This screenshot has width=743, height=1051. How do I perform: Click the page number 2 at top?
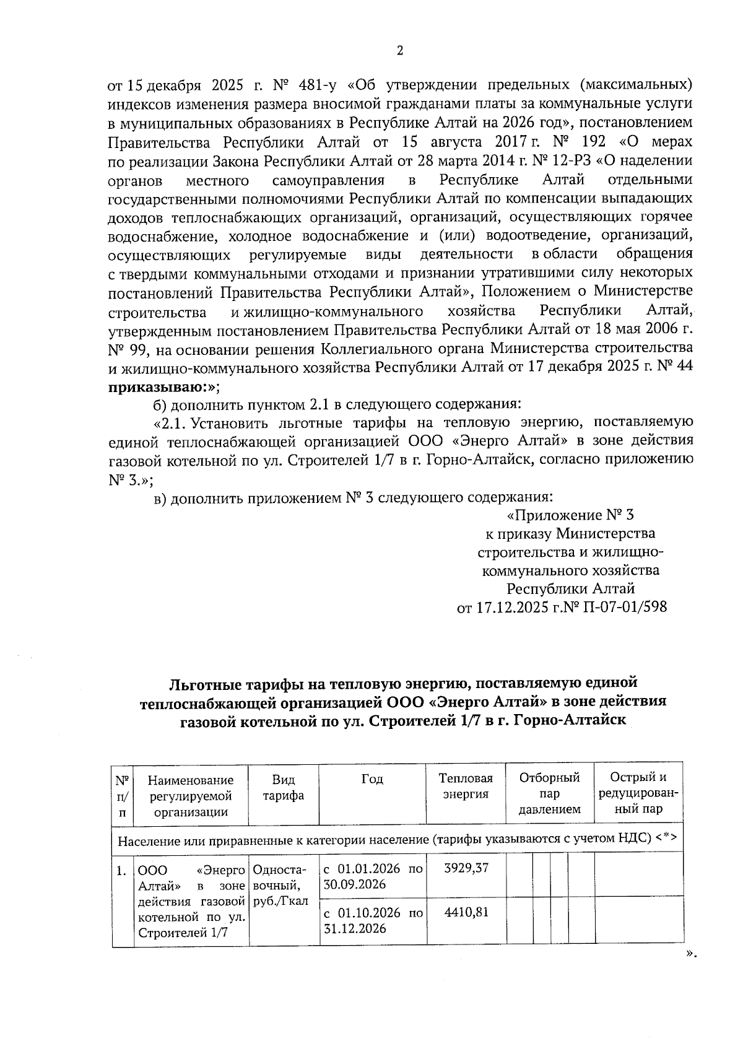point(399,51)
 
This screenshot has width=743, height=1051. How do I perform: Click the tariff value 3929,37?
point(466,868)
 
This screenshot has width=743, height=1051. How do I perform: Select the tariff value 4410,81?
point(466,912)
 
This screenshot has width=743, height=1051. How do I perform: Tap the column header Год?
point(372,779)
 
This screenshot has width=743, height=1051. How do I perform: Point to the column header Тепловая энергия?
point(466,787)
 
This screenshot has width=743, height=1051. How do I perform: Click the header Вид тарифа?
point(283,787)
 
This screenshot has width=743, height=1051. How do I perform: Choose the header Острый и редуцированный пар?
point(638,793)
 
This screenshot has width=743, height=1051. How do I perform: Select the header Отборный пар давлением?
point(549,793)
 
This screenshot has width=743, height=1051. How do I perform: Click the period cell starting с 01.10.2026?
point(373,920)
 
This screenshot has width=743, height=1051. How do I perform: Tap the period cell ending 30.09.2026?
point(373,876)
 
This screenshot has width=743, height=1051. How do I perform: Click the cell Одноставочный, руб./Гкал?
point(283,884)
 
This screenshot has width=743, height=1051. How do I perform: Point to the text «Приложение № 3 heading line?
point(570,515)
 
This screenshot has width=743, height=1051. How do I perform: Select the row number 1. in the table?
point(123,870)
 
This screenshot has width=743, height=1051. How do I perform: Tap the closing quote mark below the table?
point(692,954)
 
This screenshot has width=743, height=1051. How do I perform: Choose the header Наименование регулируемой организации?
point(191,796)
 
